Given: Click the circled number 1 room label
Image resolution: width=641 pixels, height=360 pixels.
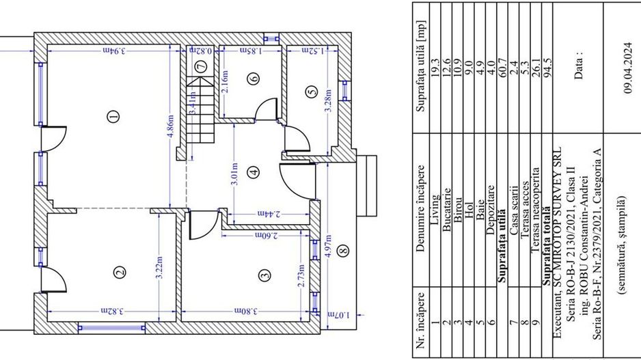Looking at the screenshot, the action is (113, 116).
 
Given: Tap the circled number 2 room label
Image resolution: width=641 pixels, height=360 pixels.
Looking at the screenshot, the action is (120, 272).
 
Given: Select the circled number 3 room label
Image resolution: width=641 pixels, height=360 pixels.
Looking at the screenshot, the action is (265, 275).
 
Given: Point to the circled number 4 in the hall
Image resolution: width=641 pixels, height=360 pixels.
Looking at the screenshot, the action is (254, 172).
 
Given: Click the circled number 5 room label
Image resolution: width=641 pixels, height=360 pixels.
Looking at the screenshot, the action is (312, 91).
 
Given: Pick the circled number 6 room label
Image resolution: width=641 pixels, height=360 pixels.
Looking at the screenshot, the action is (254, 79).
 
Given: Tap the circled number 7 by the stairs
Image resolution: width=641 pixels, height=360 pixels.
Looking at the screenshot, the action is (201, 66).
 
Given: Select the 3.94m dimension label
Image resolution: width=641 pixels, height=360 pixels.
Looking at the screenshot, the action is (113, 51).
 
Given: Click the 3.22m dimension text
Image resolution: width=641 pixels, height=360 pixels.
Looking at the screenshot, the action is (159, 268).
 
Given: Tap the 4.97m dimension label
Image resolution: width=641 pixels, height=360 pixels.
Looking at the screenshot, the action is (329, 246).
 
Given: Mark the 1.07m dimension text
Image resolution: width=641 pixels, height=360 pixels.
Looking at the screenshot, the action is (339, 315).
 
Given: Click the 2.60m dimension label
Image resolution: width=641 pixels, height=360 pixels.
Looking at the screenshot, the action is (267, 236).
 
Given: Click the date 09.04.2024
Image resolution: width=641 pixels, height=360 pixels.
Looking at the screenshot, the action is (628, 68).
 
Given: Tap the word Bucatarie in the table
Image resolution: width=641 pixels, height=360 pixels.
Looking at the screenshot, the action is (446, 210).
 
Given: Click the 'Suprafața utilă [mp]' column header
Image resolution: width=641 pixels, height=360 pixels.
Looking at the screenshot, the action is (422, 66).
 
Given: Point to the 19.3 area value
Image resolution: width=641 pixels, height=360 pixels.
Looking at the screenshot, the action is (435, 68).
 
